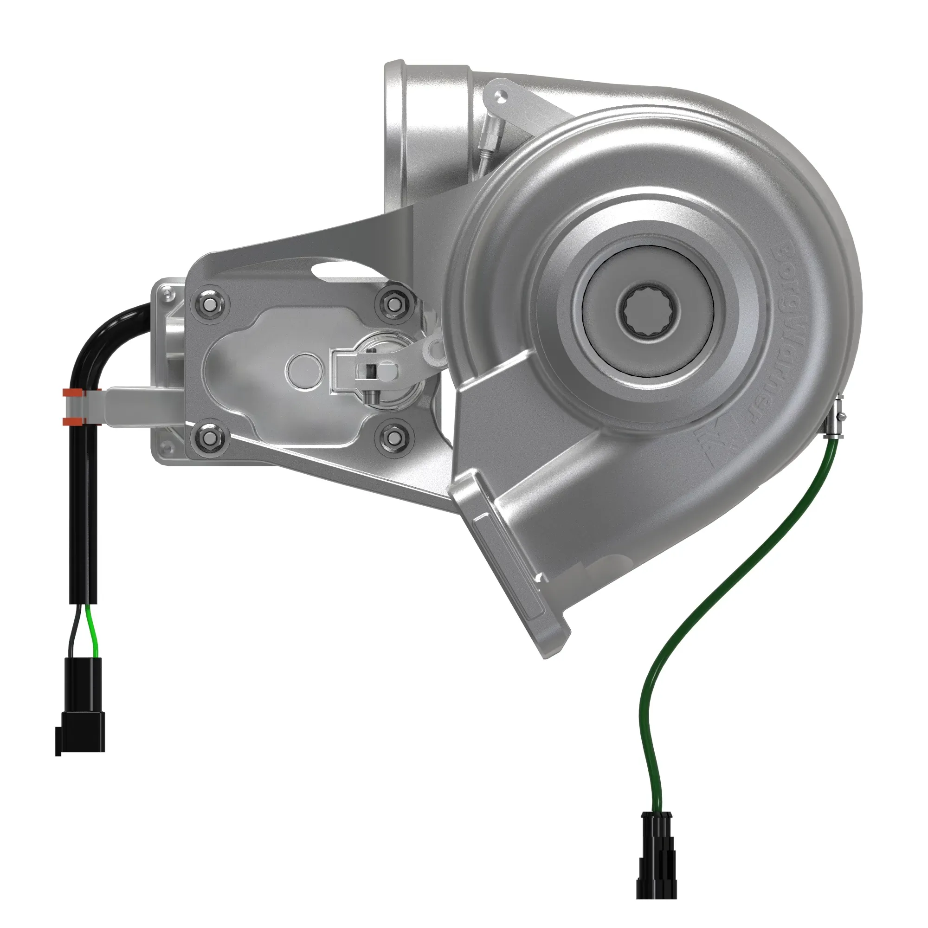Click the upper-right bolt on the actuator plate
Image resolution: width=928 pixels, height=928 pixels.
393,303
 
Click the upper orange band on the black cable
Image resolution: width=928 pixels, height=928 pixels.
71,393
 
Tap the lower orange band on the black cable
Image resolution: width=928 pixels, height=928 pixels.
71,421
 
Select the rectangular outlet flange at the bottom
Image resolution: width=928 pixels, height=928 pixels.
509,562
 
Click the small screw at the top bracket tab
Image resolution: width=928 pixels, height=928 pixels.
501,96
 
